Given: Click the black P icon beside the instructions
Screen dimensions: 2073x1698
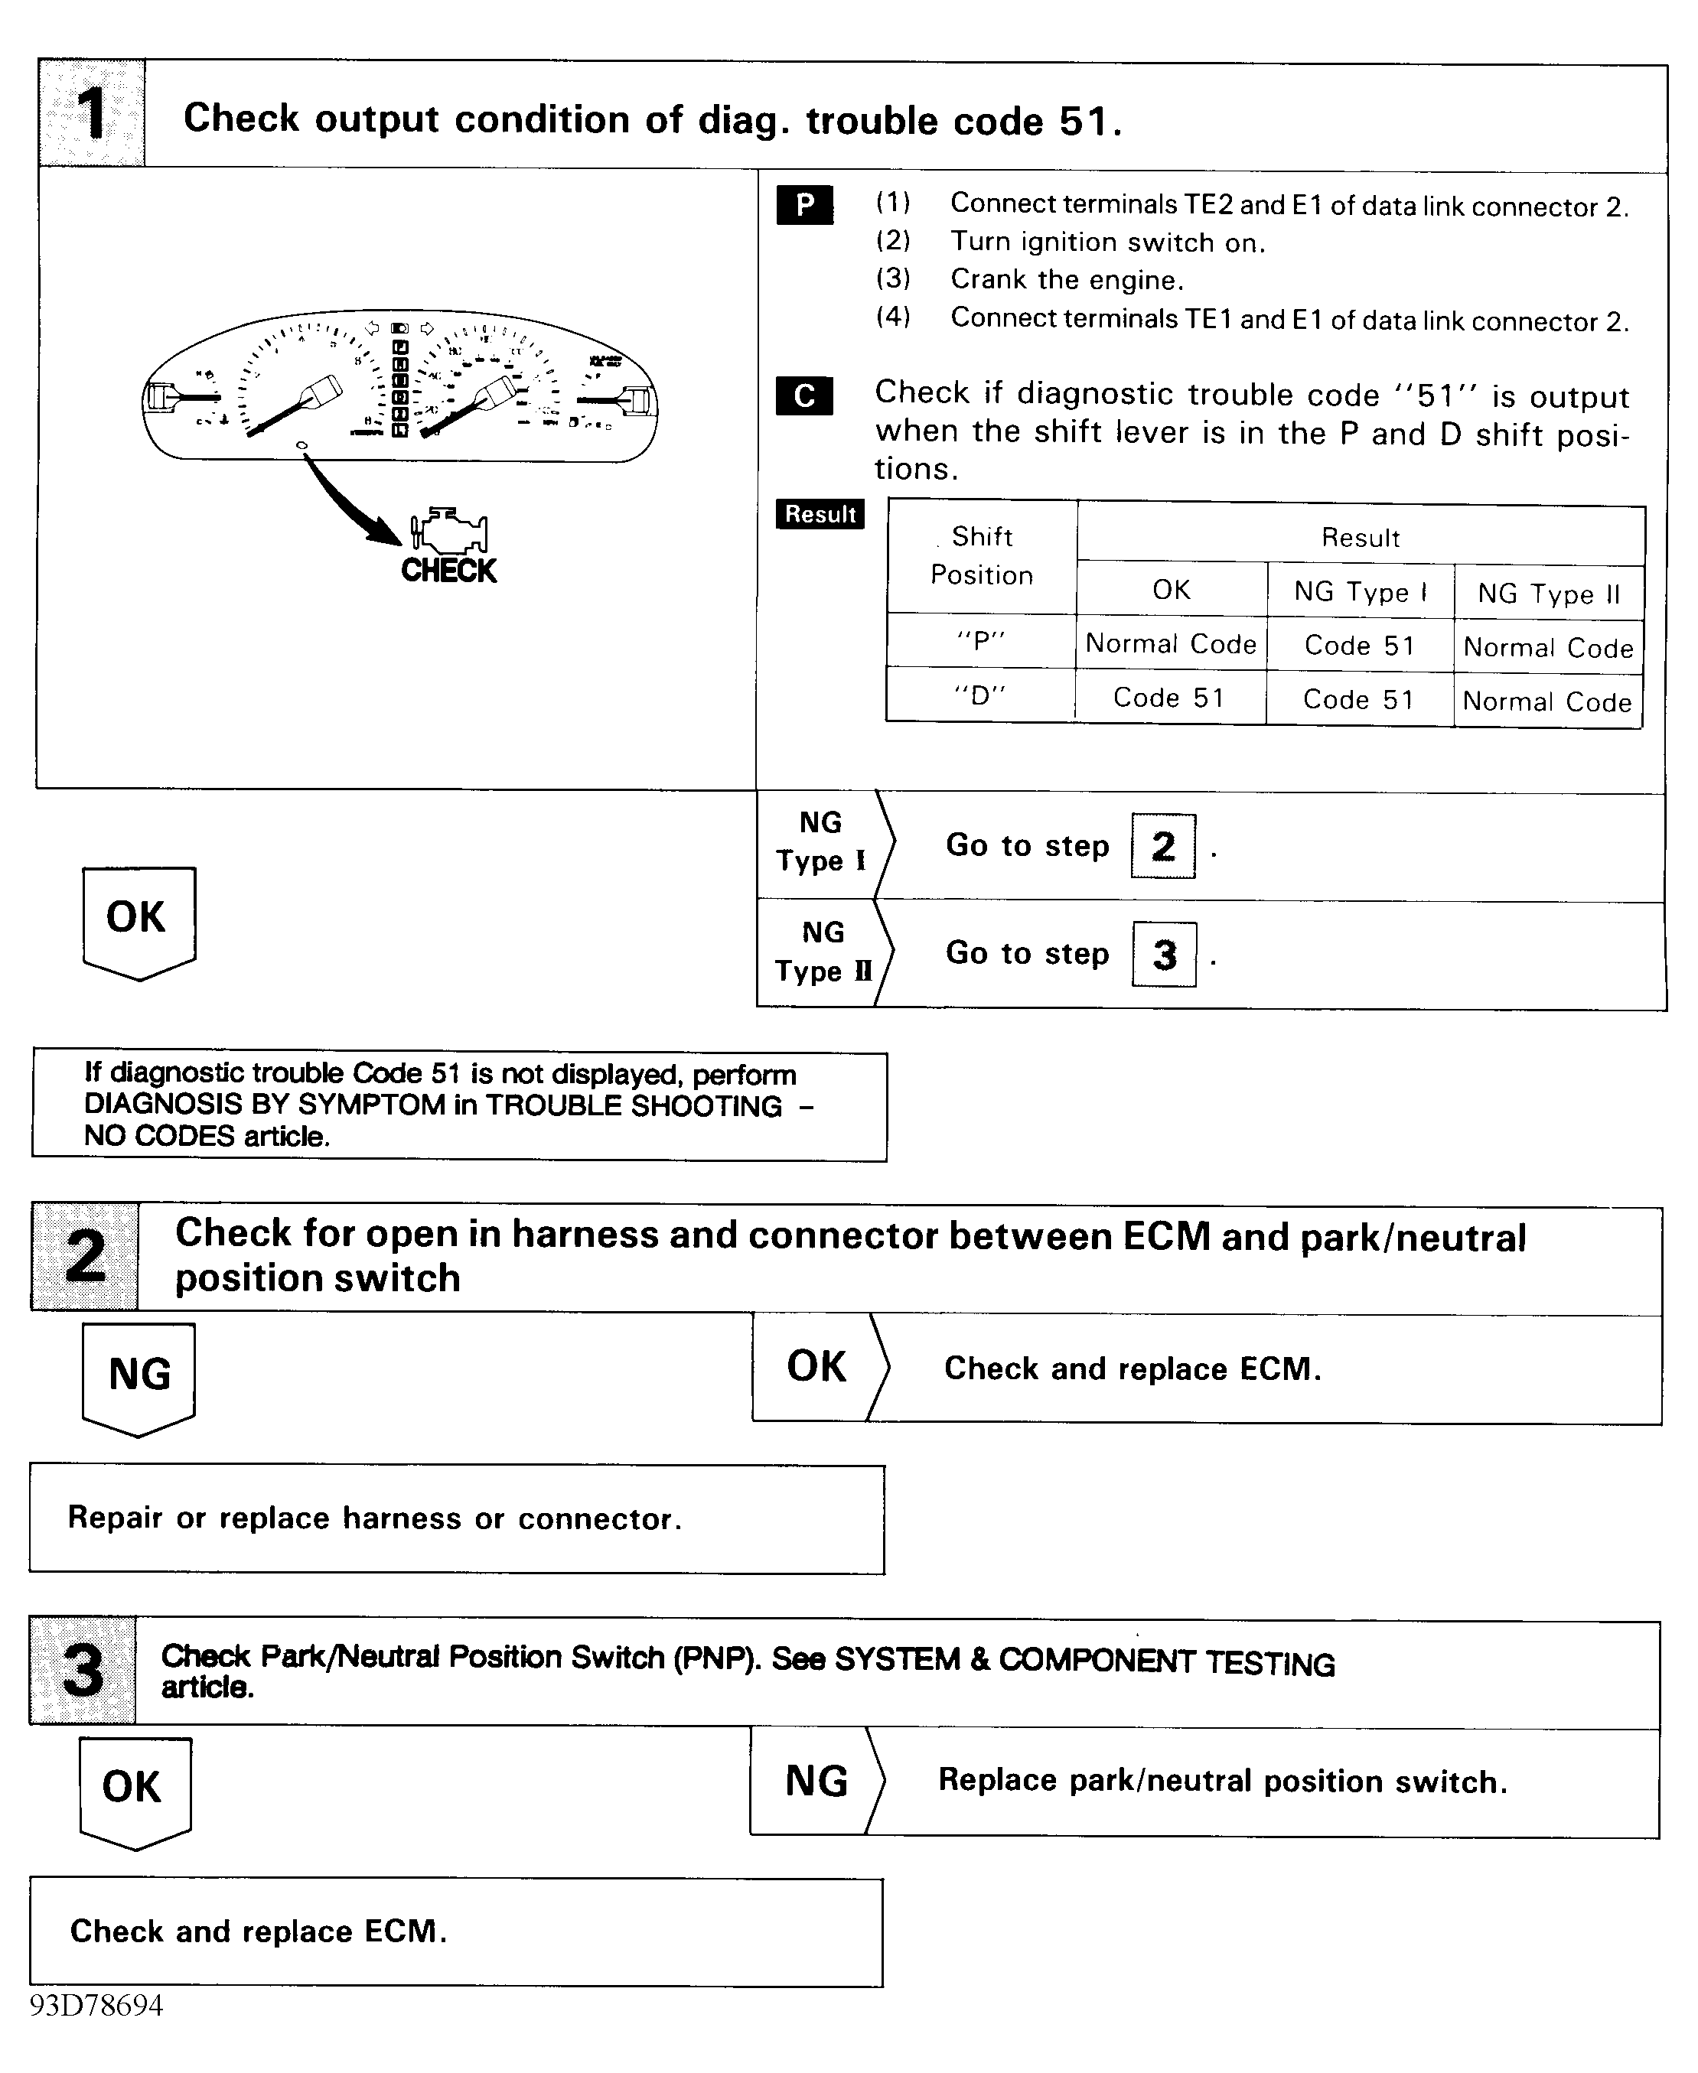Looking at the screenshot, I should [805, 205].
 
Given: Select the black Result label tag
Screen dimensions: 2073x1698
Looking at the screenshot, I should [820, 514].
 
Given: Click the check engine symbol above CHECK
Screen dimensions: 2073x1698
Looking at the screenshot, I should [450, 532].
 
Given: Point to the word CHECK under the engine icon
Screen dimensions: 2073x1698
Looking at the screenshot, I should [449, 571].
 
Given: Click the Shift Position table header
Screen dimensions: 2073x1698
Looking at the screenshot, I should [981, 555].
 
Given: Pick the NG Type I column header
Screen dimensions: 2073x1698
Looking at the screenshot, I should [1360, 591].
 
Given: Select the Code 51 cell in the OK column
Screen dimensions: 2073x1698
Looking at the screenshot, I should [1168, 697].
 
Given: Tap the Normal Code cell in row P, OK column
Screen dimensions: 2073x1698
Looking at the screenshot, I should [1171, 643].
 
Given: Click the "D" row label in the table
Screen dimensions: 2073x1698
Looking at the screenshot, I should [980, 695].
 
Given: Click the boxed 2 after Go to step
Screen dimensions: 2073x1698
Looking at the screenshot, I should [1163, 846].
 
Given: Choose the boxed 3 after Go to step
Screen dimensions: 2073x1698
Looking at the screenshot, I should [1164, 955].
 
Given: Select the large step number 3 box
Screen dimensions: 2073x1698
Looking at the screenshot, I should [83, 1670].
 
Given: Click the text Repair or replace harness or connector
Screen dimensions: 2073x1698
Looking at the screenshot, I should [375, 1518].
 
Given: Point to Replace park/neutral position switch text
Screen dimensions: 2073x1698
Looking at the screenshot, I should [1223, 1781].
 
